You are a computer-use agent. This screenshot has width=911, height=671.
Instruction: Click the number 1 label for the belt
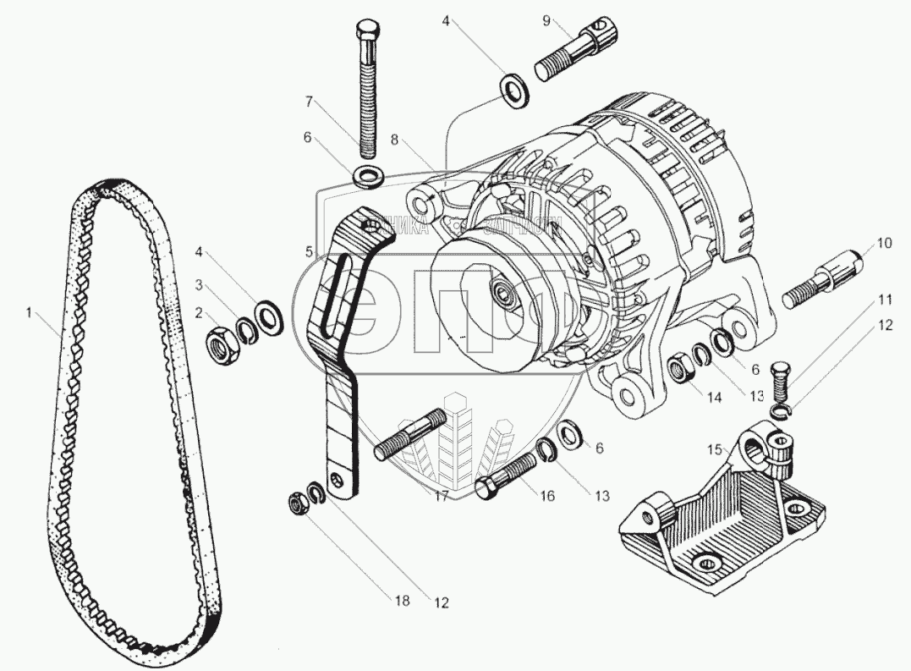[29, 314]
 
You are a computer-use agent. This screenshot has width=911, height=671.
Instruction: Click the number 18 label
[400, 601]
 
